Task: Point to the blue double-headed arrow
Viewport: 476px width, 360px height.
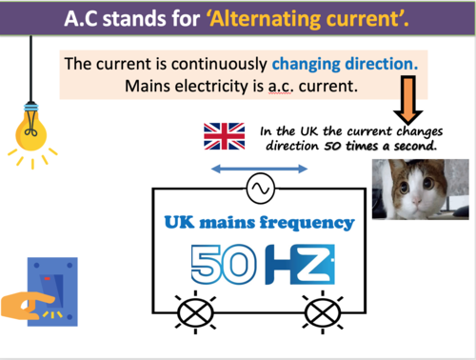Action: click(x=258, y=169)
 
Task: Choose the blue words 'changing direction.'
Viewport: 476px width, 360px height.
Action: click(x=345, y=64)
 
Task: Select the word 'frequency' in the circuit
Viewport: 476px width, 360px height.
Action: click(x=304, y=223)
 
